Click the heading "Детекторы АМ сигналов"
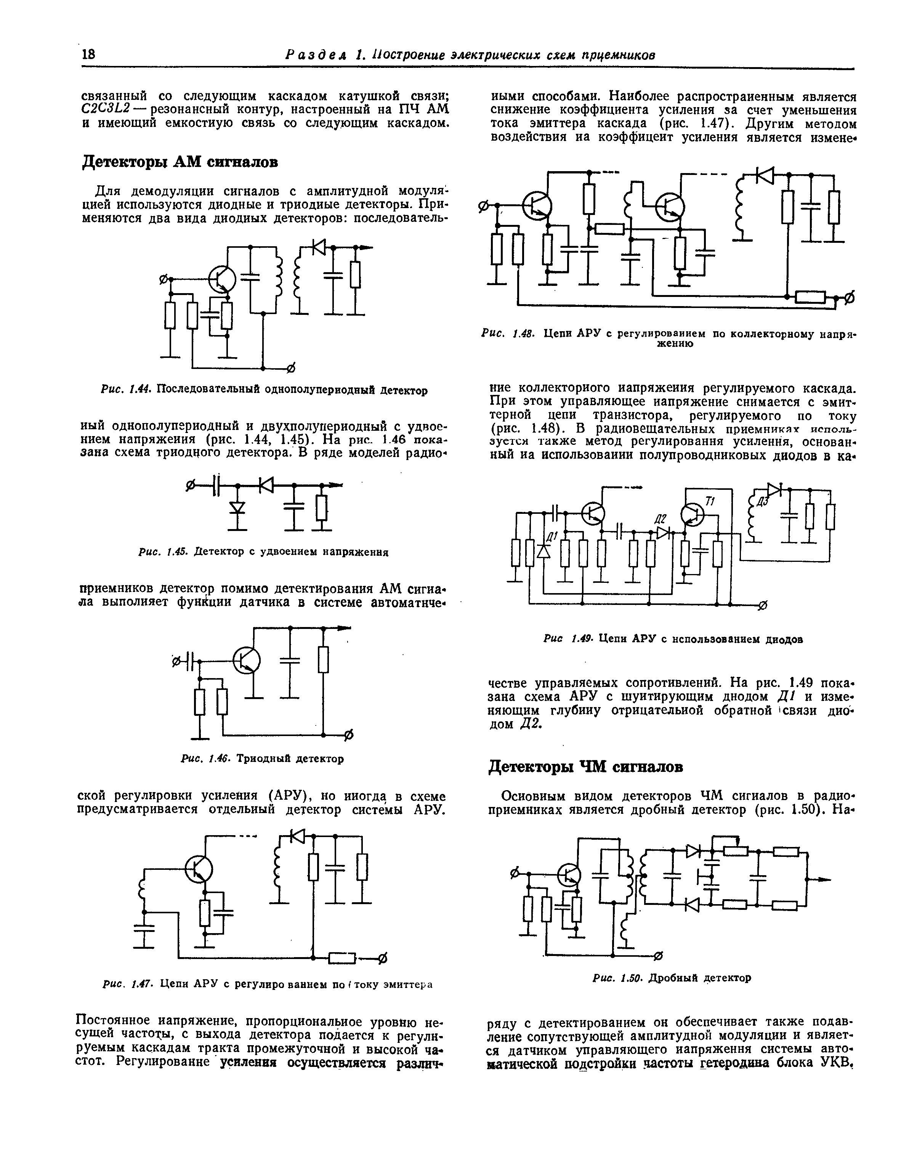pos(180,161)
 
